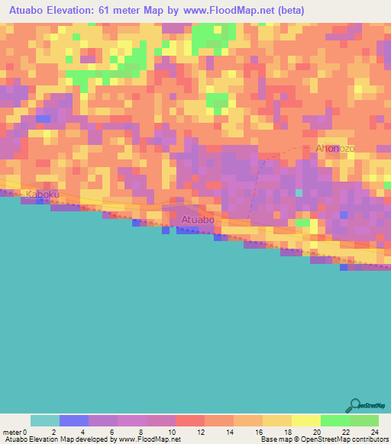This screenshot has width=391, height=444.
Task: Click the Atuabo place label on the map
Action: coord(197,220)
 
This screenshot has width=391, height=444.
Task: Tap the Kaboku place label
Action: coord(42,195)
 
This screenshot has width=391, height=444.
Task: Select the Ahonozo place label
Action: coord(337,148)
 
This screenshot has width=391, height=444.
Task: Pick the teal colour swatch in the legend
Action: coord(44,420)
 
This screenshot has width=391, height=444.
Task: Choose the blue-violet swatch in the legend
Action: coord(73,420)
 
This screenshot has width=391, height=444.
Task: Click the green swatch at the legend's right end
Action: coord(364,420)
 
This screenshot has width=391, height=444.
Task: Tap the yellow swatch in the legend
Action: coord(305,420)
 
